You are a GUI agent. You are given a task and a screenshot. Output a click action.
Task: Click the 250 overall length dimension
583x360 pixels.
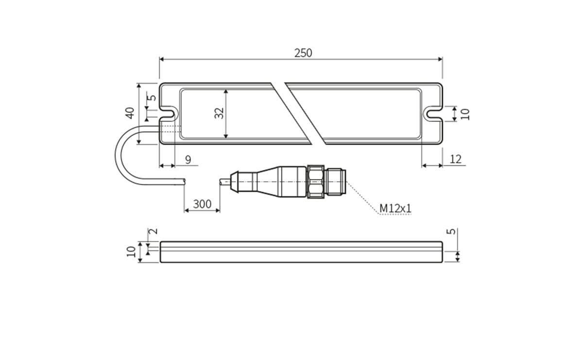pos(303,53)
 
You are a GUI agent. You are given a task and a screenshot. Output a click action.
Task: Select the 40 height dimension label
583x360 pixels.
pos(129,113)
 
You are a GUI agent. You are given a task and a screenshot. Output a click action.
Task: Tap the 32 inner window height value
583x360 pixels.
pos(220,113)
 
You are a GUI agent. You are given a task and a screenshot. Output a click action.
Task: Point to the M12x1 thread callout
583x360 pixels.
pos(395,208)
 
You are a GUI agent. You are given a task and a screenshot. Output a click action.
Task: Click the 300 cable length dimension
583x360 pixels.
pos(202,204)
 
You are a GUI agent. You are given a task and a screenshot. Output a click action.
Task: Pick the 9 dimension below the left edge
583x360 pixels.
pos(188,159)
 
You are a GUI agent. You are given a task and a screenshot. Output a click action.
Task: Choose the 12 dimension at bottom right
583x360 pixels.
pos(456,159)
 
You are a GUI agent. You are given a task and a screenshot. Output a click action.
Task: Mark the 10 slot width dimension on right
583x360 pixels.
pos(465,114)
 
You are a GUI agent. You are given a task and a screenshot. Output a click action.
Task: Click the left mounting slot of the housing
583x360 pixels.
pos(168,113)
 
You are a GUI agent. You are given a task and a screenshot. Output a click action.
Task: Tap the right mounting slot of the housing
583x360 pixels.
pos(433,114)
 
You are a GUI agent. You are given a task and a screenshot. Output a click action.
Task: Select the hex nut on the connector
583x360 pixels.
pos(315,182)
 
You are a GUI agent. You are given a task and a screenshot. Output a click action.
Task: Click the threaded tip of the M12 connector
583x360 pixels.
pos(336,182)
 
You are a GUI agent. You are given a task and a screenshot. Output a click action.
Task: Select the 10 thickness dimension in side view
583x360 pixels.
pos(130,251)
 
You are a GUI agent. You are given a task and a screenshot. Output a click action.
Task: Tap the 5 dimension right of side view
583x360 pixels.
pos(451,231)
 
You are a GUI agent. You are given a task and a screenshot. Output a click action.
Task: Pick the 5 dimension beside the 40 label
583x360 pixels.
pos(153,97)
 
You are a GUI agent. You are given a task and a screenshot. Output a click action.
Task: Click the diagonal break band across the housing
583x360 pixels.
pos(298,113)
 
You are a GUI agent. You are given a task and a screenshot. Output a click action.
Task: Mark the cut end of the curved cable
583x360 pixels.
pos(184,181)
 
